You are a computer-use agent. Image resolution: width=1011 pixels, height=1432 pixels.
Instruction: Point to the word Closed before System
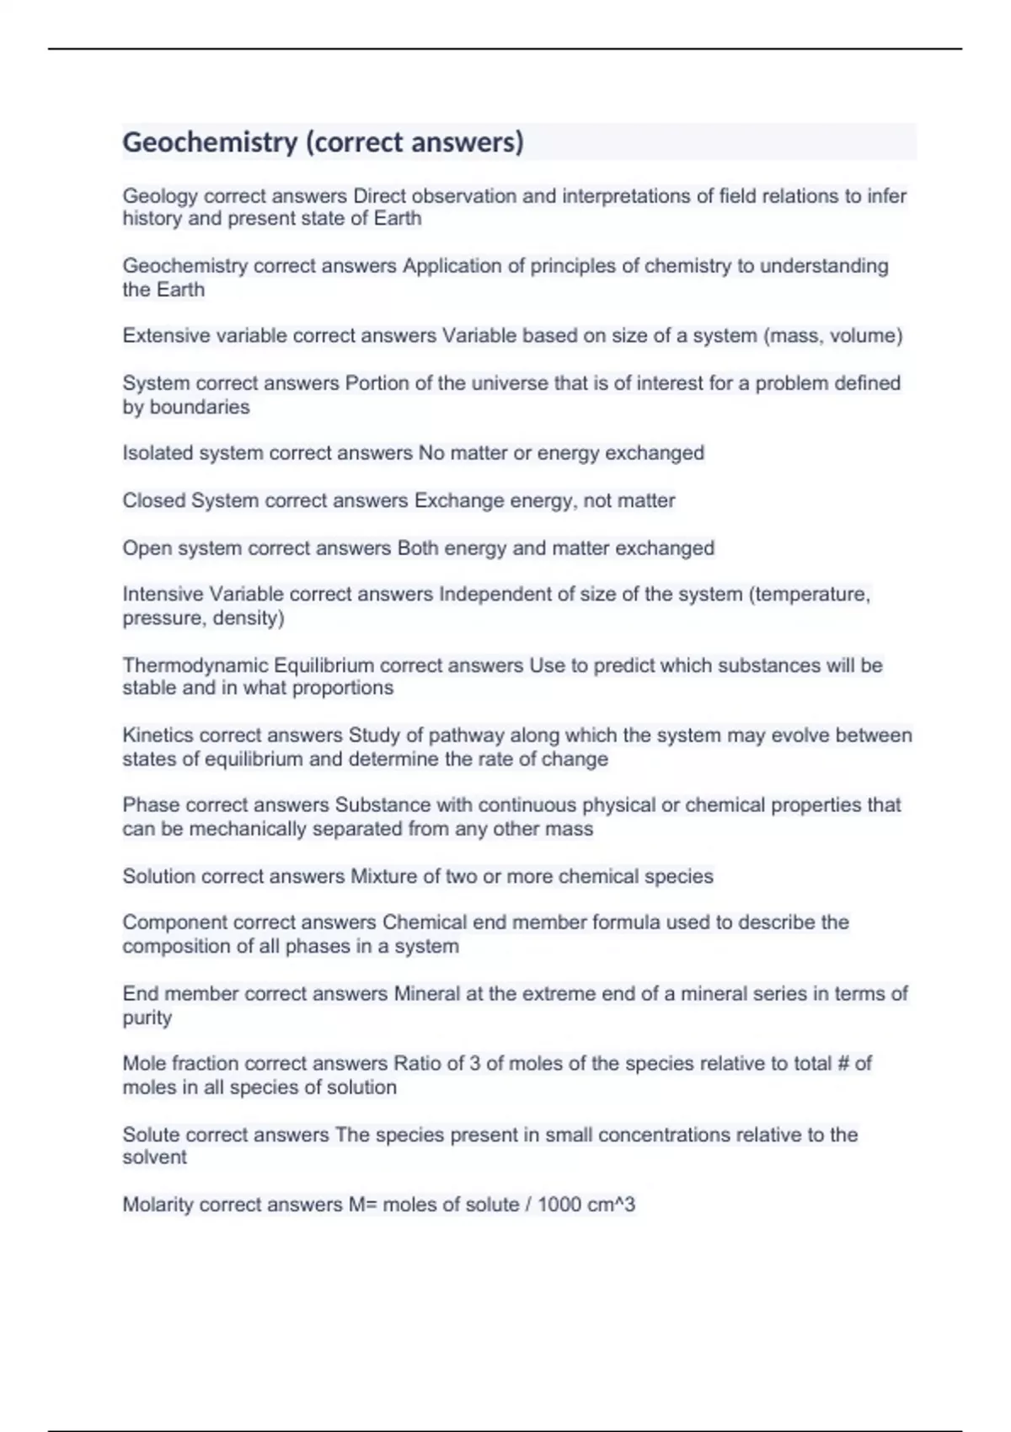(x=153, y=500)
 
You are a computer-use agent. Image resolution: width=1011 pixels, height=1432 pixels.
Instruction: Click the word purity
(x=147, y=1018)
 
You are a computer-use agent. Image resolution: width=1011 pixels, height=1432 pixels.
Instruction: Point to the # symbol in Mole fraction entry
(x=842, y=1064)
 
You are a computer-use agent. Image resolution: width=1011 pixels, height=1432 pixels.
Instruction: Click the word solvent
(x=154, y=1157)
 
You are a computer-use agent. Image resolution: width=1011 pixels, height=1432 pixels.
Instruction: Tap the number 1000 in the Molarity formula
(x=559, y=1205)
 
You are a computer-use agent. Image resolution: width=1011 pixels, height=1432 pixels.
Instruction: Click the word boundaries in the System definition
(x=200, y=408)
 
